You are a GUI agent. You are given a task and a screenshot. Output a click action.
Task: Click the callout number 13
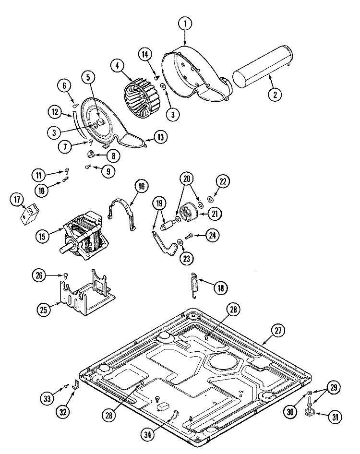pyautogui.click(x=161, y=137)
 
